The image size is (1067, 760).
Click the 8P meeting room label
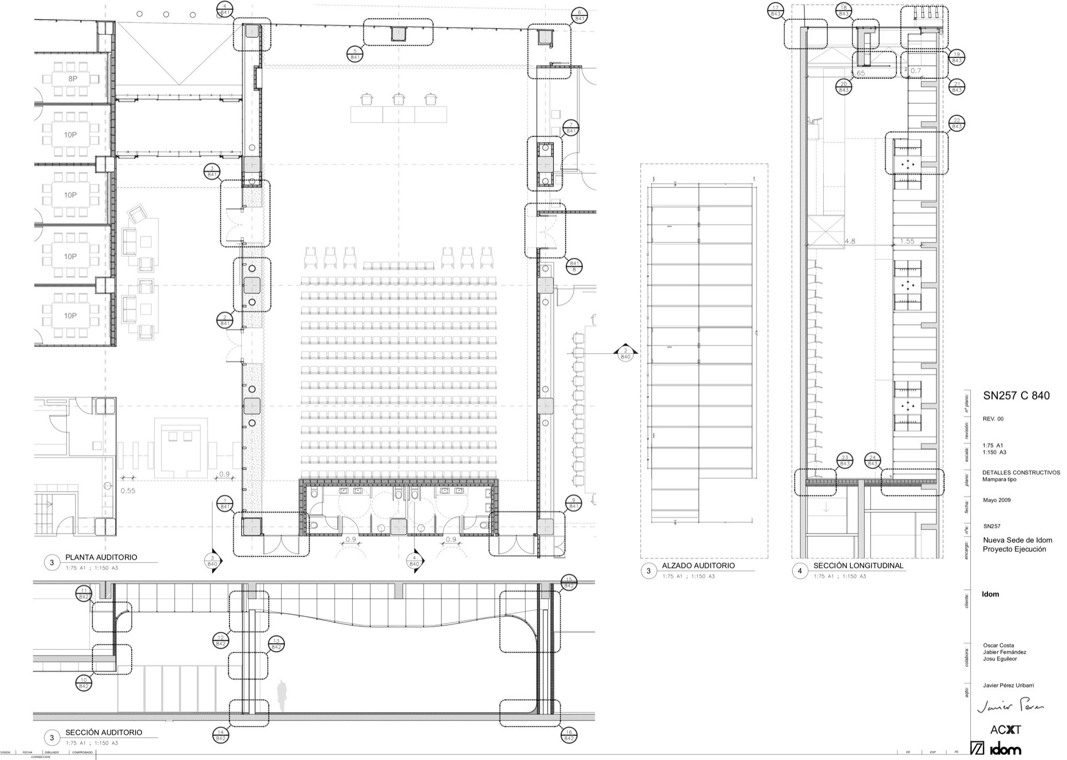coord(73,78)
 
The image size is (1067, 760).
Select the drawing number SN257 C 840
coord(1016,396)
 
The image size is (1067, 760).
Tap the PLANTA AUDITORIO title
coord(101,557)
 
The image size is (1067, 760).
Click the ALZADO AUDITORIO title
coord(698,566)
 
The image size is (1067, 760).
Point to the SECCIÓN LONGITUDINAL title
coord(858,566)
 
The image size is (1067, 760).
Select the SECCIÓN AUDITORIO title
coord(103,733)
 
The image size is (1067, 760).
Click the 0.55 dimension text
coord(128,491)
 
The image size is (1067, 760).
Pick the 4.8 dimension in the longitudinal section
coord(850,241)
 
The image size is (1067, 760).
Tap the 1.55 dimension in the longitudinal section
coord(907,241)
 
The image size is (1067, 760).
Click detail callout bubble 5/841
coord(355,53)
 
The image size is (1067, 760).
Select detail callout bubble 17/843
coord(776,11)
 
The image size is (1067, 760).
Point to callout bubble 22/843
coord(956,124)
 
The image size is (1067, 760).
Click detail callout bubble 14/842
coord(220,735)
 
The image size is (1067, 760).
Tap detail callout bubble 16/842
coord(569,736)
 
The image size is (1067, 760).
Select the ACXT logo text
coord(1005,730)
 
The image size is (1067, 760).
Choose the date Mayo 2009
coord(997,500)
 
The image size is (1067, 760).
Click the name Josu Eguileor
coord(1000,659)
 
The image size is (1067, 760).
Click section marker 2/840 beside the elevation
coord(626,354)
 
